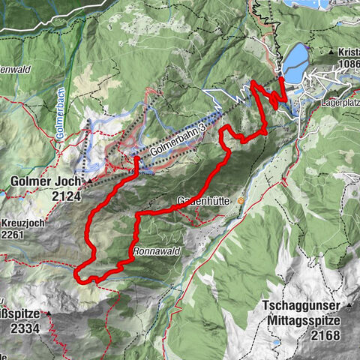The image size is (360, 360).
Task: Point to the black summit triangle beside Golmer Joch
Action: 88,181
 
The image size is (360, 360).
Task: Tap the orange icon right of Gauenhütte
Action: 240,201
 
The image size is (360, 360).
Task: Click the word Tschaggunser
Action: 301,306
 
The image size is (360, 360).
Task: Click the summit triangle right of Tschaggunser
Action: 348,305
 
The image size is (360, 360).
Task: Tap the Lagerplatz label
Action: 339,98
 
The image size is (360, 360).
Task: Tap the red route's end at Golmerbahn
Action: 137,159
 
